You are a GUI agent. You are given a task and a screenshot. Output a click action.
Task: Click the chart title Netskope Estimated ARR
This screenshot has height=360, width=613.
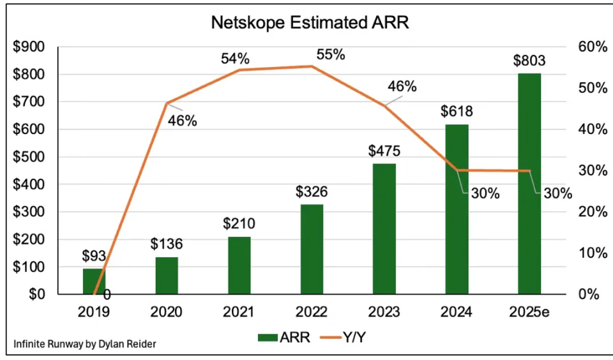[x=310, y=23]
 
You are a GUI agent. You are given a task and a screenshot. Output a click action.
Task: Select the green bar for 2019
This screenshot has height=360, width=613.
[x=94, y=281]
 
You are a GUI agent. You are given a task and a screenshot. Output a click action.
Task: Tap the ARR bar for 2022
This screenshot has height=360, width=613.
[x=312, y=249]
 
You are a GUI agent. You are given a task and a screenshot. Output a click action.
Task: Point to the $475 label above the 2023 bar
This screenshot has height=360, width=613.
[x=384, y=151]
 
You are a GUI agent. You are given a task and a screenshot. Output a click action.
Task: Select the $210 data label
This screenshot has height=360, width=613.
[x=239, y=224]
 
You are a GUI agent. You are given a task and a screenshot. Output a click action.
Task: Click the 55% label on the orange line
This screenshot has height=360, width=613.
[x=330, y=54]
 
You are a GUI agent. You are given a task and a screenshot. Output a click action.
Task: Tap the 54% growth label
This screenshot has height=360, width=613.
[x=235, y=59]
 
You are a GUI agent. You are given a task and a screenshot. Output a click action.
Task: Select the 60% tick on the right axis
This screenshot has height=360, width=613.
[x=592, y=47]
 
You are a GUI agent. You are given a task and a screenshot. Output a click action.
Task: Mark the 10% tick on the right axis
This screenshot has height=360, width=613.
[x=592, y=253]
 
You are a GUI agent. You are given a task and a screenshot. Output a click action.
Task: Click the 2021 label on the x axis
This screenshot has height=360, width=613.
[x=239, y=312]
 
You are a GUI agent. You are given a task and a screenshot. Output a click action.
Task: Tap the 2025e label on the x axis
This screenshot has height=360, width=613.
[x=529, y=312]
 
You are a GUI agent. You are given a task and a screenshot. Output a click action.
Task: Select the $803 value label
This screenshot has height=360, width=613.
[x=529, y=61]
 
